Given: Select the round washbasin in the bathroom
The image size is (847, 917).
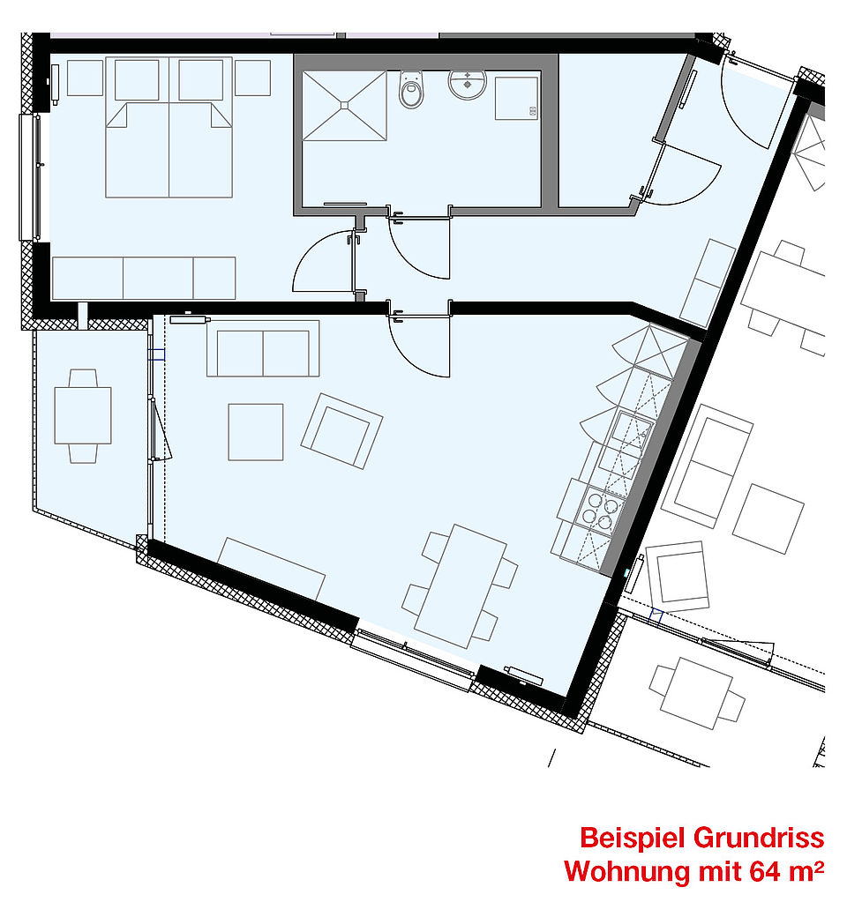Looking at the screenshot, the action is tap(467, 84).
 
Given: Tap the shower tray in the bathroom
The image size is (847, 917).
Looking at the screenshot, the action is tap(344, 106).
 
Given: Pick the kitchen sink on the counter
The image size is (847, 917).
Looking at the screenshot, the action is tap(631, 431).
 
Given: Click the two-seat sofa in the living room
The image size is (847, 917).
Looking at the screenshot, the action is tap(263, 348).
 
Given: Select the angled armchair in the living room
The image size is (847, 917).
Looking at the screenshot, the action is tap(341, 431).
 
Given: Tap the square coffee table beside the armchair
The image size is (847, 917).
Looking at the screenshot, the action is tap(256, 431).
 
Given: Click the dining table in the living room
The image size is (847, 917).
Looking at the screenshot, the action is tap(460, 586).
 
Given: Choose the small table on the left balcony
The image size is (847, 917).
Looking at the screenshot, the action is tap(83, 416).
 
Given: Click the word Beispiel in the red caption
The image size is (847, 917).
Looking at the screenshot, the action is tap(633, 838).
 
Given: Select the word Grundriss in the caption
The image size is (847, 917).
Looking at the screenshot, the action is tap(759, 838).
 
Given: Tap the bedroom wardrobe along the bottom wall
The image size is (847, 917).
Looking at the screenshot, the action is tap(144, 279).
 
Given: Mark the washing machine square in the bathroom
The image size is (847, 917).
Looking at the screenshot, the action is tap(516, 98).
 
